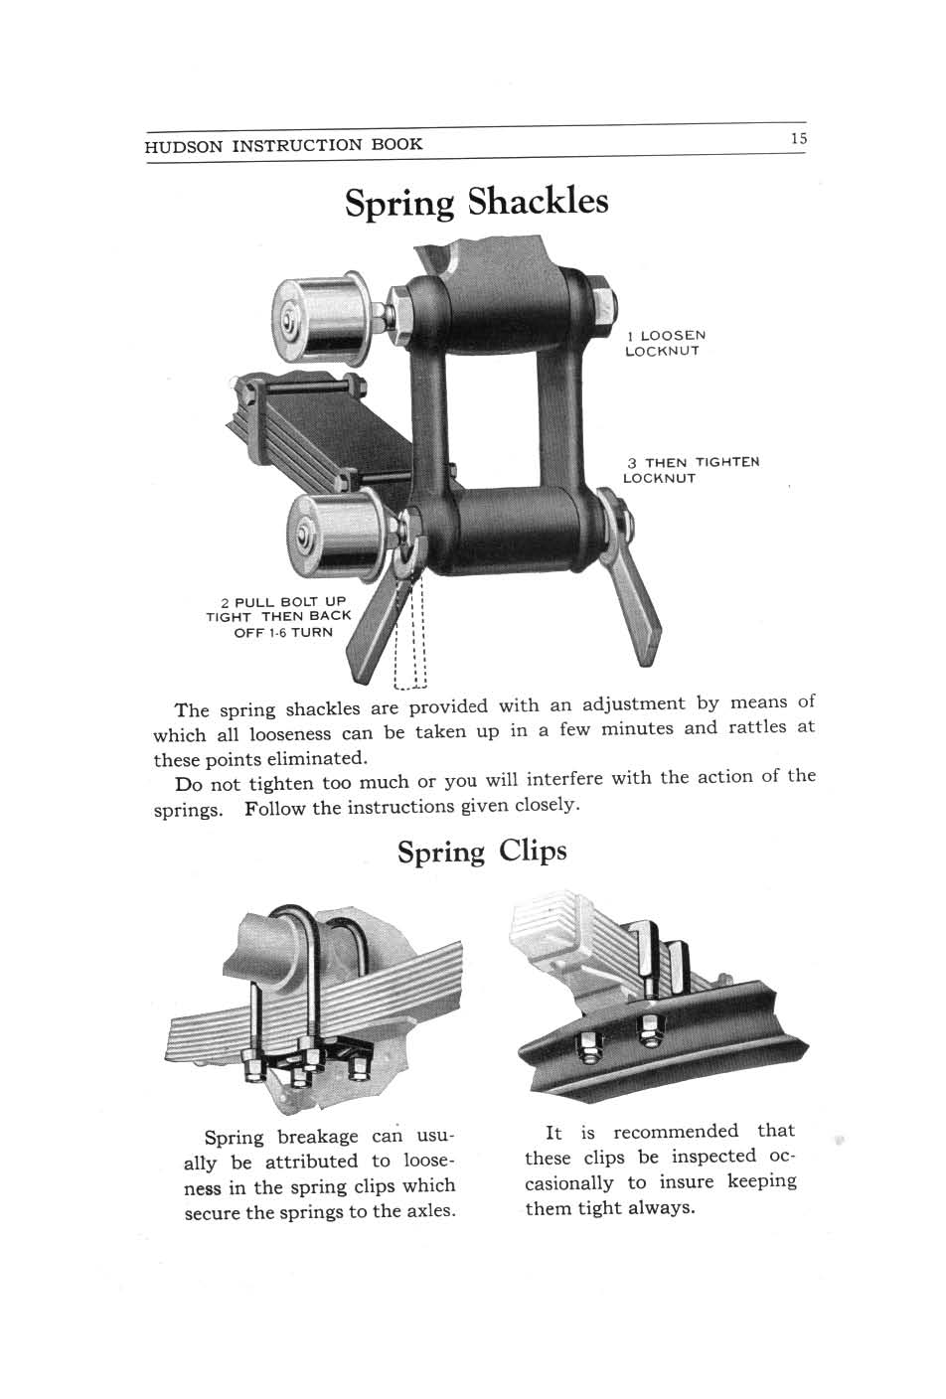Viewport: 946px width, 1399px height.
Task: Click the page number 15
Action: click(798, 139)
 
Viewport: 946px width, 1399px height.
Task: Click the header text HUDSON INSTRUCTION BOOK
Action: click(283, 145)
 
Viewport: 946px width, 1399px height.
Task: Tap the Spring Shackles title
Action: click(476, 202)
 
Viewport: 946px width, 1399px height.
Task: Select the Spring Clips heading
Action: click(482, 852)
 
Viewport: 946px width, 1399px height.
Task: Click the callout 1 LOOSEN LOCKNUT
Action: click(664, 343)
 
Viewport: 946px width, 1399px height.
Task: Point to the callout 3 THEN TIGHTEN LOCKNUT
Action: click(690, 470)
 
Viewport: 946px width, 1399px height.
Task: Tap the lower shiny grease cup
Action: click(335, 533)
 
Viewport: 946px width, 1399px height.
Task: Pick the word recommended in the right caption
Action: click(676, 1132)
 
